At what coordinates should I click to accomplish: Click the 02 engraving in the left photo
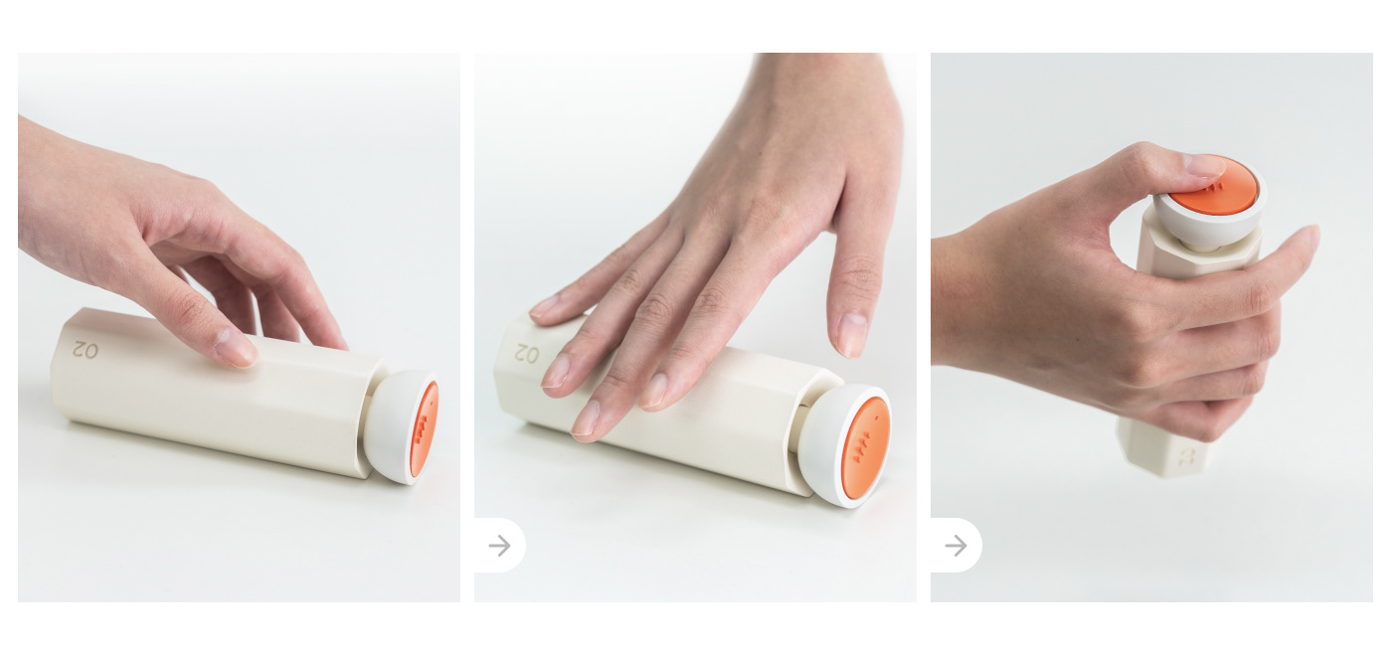[x=86, y=350]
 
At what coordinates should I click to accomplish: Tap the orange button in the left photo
[x=424, y=428]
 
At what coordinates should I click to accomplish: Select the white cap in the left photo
[x=390, y=427]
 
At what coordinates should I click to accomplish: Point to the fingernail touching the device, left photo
[x=236, y=350]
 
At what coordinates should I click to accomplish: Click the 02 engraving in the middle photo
[x=526, y=353]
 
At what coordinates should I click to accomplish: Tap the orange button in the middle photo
[x=864, y=447]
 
